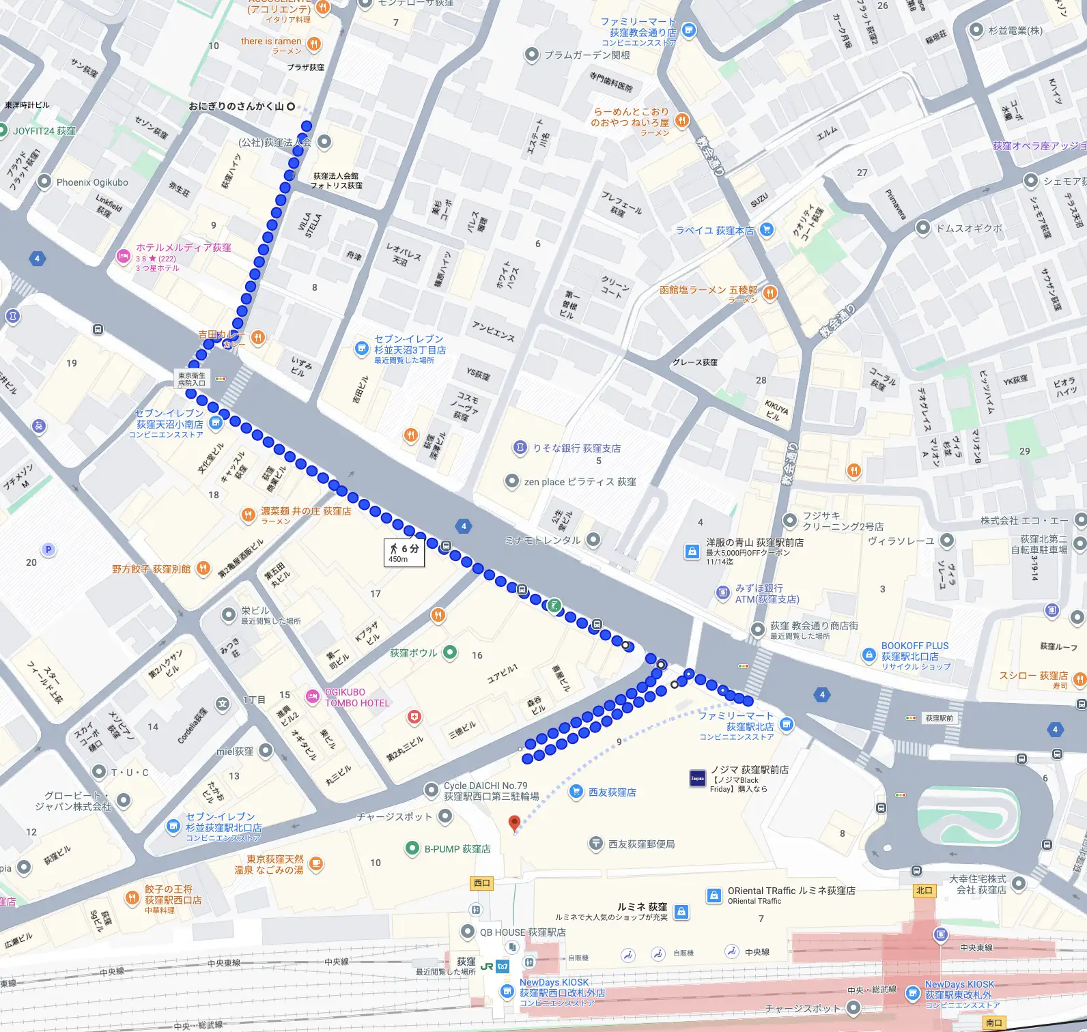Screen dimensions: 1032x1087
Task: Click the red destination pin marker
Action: click(x=515, y=823)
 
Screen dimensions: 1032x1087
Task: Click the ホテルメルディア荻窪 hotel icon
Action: click(x=123, y=256)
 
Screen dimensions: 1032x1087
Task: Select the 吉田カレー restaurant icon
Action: click(x=258, y=336)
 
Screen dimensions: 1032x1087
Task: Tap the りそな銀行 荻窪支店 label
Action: click(x=576, y=448)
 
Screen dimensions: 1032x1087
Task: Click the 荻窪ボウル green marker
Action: click(x=450, y=653)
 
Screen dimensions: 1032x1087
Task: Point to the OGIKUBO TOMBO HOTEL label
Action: click(x=356, y=697)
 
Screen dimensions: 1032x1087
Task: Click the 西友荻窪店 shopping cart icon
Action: click(x=576, y=792)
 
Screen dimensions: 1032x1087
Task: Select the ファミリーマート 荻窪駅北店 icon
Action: click(x=786, y=725)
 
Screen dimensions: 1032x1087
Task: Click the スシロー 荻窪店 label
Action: click(x=1033, y=676)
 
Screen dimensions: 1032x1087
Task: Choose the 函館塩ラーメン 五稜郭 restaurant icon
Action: click(x=770, y=293)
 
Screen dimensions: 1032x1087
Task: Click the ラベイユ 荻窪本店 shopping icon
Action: click(x=766, y=230)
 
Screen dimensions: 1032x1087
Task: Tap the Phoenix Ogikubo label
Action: click(x=92, y=182)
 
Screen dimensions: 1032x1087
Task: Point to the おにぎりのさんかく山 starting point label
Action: click(x=236, y=106)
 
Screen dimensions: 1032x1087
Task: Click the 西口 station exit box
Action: click(x=482, y=883)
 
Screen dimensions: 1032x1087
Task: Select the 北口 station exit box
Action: click(x=924, y=890)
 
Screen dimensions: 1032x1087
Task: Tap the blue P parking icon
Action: click(x=48, y=549)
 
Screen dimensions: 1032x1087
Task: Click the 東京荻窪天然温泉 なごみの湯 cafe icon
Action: click(x=315, y=864)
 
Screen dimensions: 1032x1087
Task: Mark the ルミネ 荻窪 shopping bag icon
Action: click(x=681, y=911)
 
